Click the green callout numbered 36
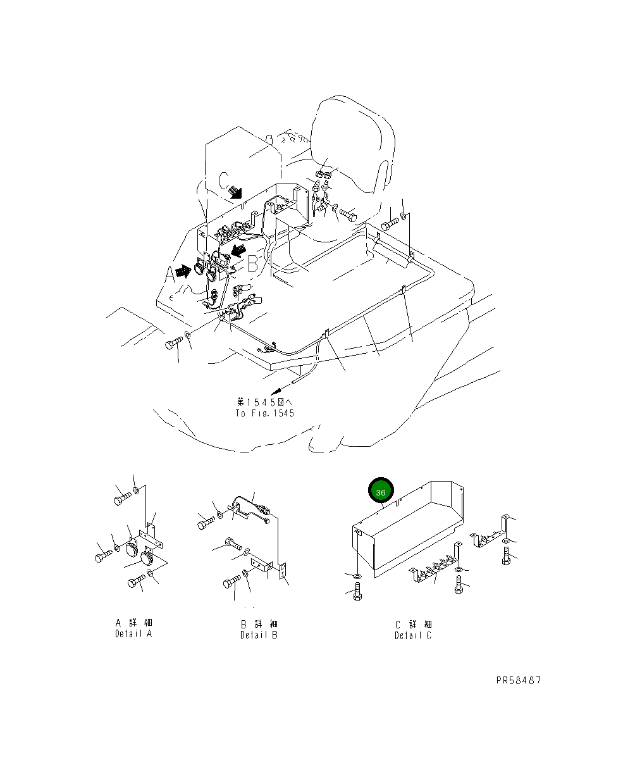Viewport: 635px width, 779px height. (x=381, y=492)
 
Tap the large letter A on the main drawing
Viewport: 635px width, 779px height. (x=169, y=275)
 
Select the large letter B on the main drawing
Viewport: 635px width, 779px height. (x=253, y=264)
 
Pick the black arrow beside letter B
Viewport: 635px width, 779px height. (x=238, y=252)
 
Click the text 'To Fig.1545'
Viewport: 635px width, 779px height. (x=265, y=413)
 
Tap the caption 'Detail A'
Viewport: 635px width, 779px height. (x=133, y=633)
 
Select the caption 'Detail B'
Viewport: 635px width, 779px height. (x=259, y=635)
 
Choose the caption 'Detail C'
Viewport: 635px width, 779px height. (x=414, y=635)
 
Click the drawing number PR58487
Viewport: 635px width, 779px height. (x=519, y=681)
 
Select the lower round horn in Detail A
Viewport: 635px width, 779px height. (x=147, y=560)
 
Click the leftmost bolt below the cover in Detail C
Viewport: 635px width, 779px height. (x=356, y=593)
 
